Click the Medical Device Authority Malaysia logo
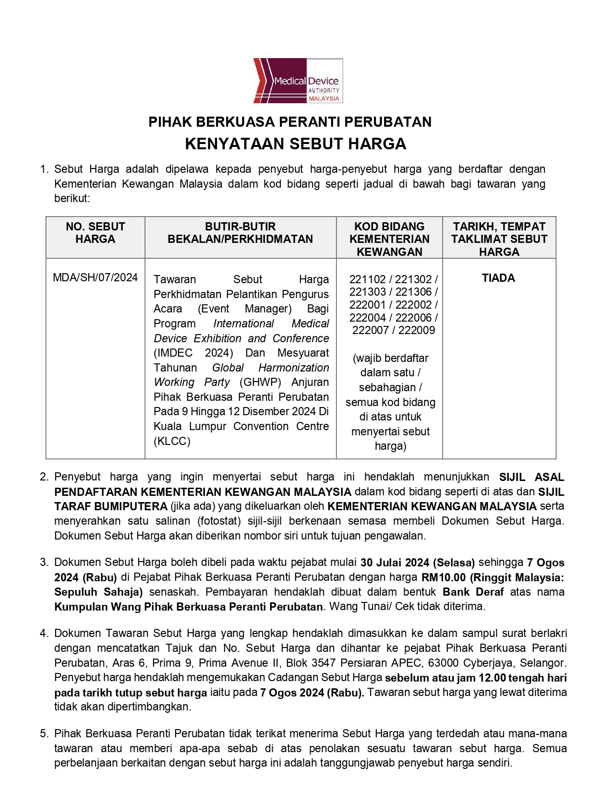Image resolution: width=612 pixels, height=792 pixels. [x=298, y=81]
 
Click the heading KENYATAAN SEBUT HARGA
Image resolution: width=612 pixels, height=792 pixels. [x=296, y=144]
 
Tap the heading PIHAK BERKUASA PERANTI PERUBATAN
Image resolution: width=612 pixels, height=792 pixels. [x=290, y=122]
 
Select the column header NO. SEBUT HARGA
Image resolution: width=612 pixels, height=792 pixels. [x=96, y=233]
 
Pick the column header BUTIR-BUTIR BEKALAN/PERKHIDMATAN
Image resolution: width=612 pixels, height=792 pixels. [x=240, y=233]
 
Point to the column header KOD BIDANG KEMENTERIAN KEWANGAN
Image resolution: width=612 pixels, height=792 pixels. [x=389, y=239]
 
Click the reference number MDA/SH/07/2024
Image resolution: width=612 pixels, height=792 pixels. [x=96, y=277]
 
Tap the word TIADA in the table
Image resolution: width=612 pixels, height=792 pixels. [x=498, y=278]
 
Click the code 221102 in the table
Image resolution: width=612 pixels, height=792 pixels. [x=367, y=279]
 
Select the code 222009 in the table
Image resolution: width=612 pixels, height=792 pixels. [x=417, y=330]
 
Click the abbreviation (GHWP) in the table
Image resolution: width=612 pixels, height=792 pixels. [x=260, y=383]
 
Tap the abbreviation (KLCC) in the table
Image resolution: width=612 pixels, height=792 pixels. [x=172, y=441]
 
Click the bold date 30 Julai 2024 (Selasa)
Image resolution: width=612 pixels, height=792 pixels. [x=418, y=563]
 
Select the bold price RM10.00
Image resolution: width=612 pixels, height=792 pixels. [x=444, y=577]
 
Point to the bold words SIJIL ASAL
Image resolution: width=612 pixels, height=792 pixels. [x=531, y=477]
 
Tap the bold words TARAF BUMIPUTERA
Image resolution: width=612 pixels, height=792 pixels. [x=111, y=506]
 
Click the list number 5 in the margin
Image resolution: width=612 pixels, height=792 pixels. [x=44, y=733]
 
